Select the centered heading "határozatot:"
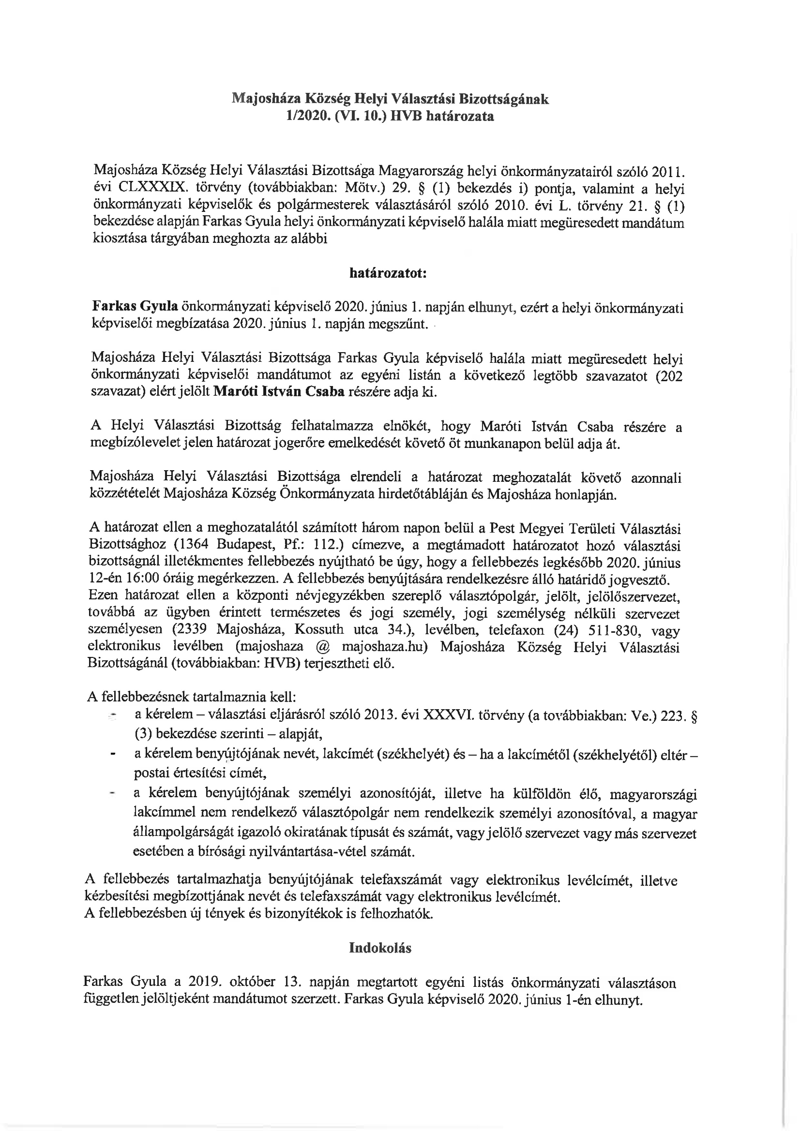coord(388,274)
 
